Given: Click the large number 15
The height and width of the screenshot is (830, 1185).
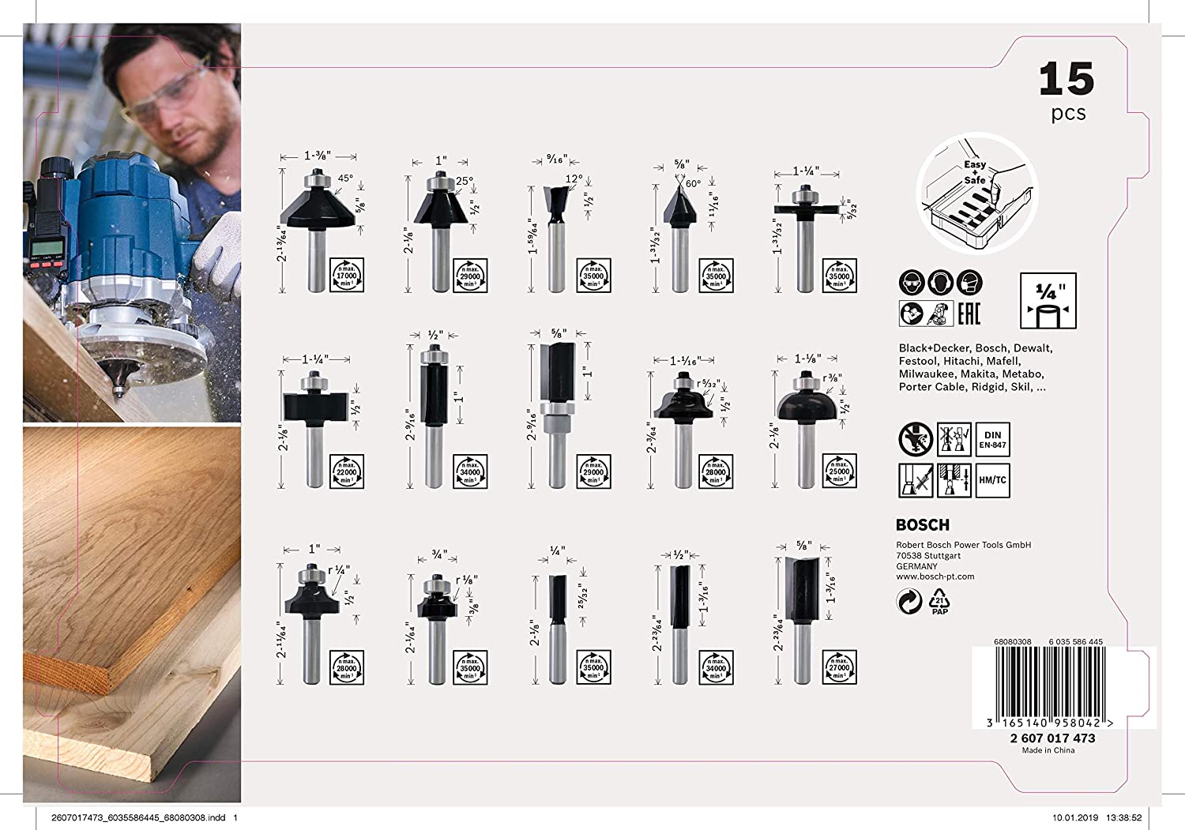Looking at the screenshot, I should (1066, 79).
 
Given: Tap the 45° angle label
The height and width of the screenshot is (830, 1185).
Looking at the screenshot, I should (345, 178).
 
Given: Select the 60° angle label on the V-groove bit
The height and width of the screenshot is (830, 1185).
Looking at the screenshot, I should (693, 183).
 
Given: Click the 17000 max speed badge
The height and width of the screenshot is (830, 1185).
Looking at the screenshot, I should (347, 276).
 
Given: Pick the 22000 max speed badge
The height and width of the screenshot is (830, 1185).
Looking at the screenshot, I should (347, 471).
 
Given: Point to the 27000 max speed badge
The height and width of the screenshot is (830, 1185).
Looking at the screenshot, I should (839, 667).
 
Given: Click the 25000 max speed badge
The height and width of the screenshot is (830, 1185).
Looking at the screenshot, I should (839, 471).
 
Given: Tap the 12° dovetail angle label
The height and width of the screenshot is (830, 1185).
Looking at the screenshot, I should (574, 179).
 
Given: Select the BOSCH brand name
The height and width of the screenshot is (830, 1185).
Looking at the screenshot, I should (922, 525).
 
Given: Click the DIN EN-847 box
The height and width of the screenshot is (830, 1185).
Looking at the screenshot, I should (993, 440).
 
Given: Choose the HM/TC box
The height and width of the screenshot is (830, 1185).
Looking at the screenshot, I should (993, 480).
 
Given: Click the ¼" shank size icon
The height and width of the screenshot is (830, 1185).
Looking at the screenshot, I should (1048, 301).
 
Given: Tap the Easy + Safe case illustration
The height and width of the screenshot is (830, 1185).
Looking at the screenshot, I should (976, 196).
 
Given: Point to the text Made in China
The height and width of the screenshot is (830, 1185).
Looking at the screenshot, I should (1048, 750).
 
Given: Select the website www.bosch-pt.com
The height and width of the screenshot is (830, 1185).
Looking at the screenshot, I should (935, 576).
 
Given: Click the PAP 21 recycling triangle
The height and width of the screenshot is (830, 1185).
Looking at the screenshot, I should (940, 602).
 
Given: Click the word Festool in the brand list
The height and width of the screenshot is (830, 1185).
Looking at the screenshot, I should (918, 361).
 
